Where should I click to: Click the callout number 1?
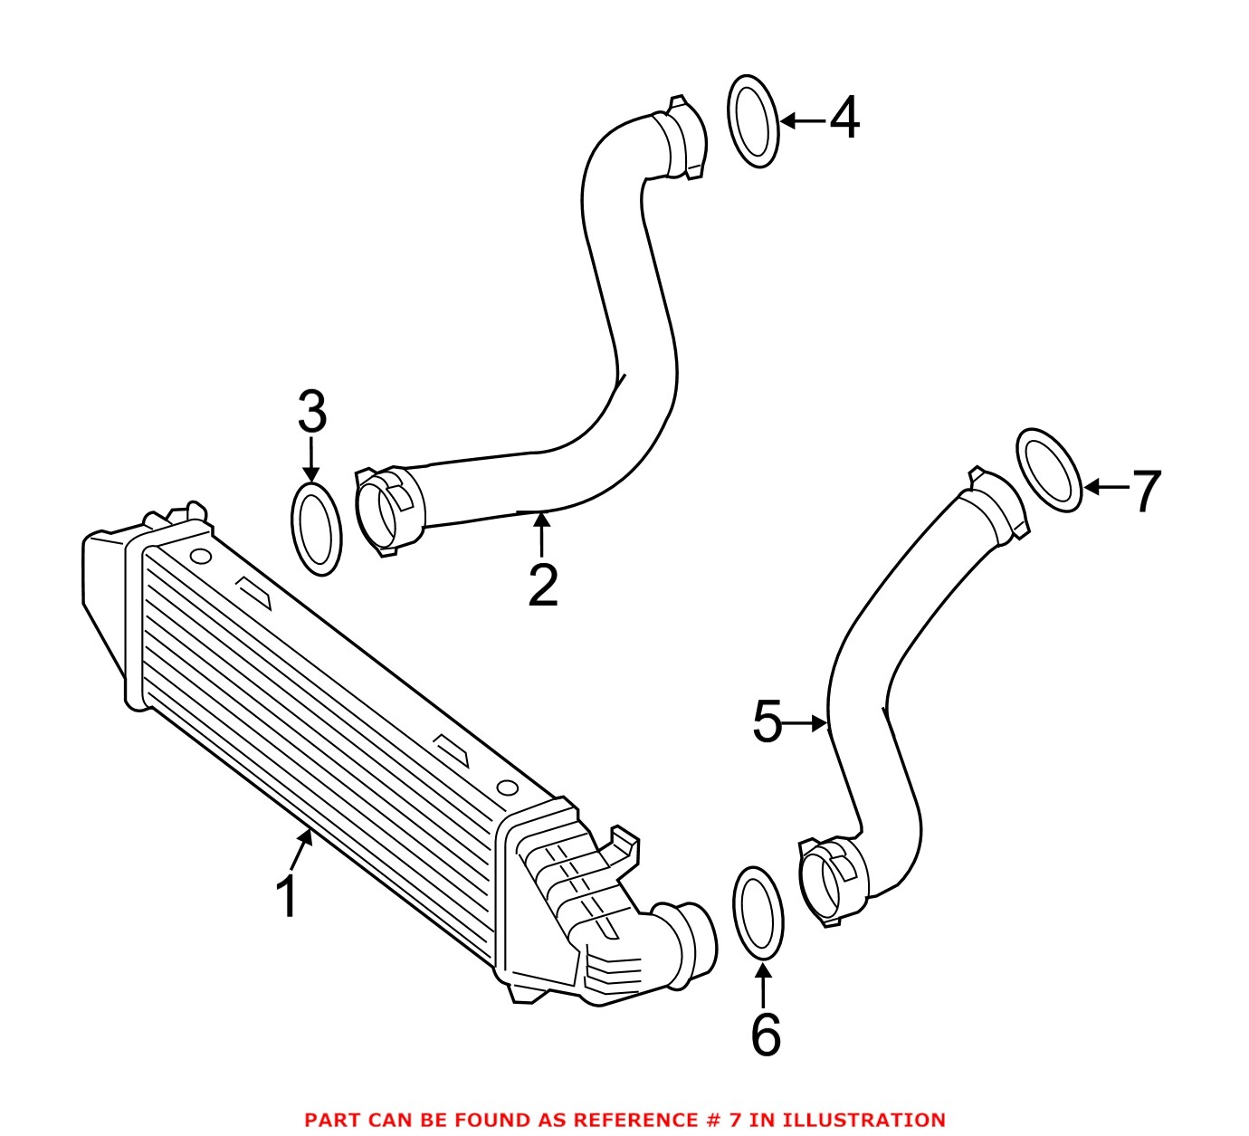[x=288, y=897]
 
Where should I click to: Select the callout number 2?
[x=543, y=586]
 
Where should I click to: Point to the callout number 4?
[x=844, y=119]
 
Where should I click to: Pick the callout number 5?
[x=767, y=722]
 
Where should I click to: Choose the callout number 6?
[x=765, y=1034]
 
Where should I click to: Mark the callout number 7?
[x=1146, y=492]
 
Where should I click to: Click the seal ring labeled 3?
[x=316, y=530]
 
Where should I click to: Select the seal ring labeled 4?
[x=753, y=121]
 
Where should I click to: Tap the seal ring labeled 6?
[x=758, y=912]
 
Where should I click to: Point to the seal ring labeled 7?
[x=1050, y=471]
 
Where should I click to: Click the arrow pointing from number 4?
[x=802, y=120]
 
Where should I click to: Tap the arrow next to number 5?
[x=807, y=723]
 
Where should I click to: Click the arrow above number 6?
[x=764, y=986]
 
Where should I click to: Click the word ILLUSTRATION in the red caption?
[x=863, y=1121]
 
